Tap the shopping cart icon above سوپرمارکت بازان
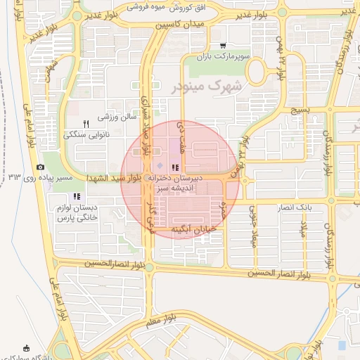click(223, 46)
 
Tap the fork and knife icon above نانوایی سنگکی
click(86, 123)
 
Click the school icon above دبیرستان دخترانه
click(175, 167)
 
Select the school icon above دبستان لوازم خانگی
click(77, 196)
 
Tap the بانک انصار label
click(294, 209)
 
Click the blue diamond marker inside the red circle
click(158, 165)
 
